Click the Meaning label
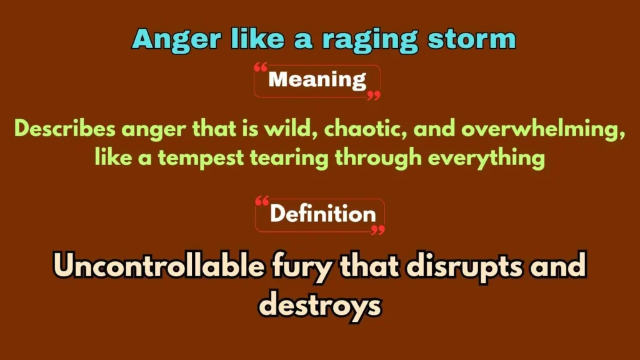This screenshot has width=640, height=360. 317,80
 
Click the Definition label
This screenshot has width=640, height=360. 322,214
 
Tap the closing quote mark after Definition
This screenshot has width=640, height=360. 377,229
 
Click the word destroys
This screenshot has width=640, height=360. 319,306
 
